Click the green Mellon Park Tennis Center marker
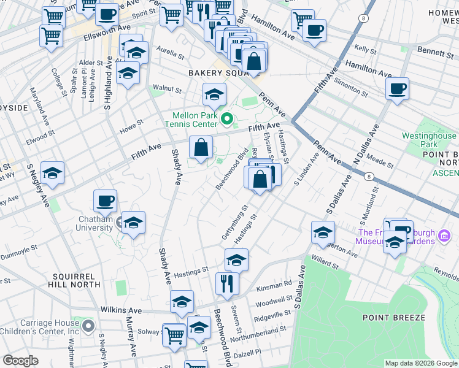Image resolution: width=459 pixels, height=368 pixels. (x=227, y=118)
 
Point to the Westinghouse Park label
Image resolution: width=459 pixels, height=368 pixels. (x=429, y=140)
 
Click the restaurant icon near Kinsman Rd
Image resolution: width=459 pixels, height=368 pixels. (x=226, y=283)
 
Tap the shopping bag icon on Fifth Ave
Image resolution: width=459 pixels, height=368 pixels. (x=201, y=147)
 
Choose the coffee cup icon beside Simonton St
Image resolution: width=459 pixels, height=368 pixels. (x=397, y=88)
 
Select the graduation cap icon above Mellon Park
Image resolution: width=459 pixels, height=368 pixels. (x=214, y=94)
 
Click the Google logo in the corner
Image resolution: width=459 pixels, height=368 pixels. (x=20, y=361)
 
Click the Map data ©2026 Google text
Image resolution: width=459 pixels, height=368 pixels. (x=420, y=362)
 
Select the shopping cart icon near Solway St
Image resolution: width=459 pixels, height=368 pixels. (x=174, y=334)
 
